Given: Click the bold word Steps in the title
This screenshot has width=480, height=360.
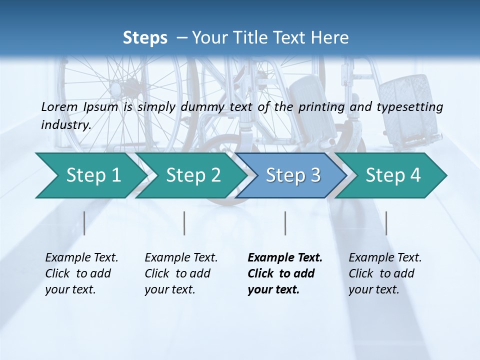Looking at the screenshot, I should click(x=145, y=38).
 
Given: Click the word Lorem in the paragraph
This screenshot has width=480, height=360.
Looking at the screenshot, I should click(x=59, y=107).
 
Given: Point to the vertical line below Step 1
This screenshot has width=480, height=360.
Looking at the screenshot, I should click(x=84, y=223).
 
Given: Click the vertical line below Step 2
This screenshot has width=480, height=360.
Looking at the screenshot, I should click(x=184, y=223).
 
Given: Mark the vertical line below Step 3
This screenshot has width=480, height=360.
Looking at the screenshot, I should click(x=285, y=223).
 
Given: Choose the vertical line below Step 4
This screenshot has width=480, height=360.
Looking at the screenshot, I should click(x=386, y=223).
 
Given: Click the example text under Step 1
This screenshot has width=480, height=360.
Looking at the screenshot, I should click(x=81, y=273).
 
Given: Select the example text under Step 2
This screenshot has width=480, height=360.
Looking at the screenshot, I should click(x=181, y=273).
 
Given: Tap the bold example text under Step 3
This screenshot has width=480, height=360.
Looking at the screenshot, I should click(x=284, y=273).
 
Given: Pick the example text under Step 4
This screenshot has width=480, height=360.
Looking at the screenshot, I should click(x=385, y=273).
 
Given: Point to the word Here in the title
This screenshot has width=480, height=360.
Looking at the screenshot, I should click(x=332, y=38).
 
